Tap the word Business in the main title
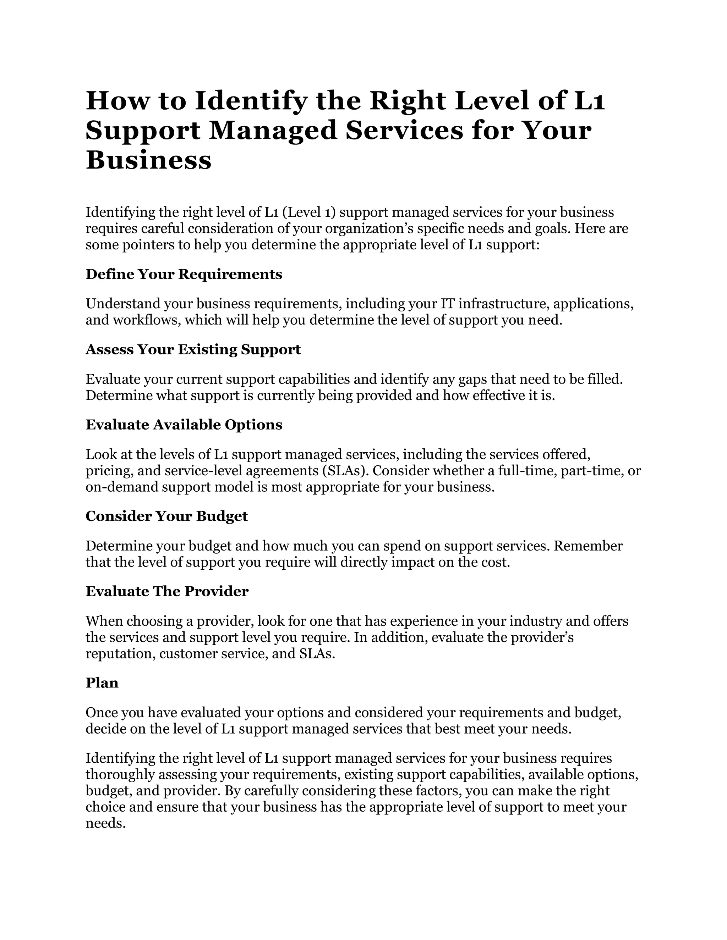pos(149,160)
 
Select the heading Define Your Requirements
pos(184,274)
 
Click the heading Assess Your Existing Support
pos(193,349)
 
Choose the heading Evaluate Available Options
pos(184,425)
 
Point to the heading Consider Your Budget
pos(167,516)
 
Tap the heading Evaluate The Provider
pos(167,591)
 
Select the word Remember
pos(588,546)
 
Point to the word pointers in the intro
pos(147,245)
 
